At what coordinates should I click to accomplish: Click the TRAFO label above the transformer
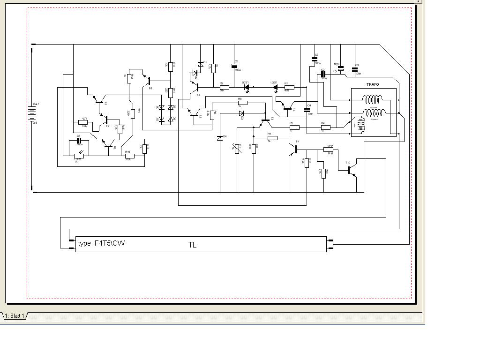click(373, 84)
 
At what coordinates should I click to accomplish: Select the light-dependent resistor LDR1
click(79, 156)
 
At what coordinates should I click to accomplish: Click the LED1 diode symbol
click(275, 87)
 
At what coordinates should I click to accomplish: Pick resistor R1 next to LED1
click(289, 87)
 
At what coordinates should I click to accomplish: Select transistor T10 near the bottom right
click(351, 170)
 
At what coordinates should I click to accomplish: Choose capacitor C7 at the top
click(315, 59)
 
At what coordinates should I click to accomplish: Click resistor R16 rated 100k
click(129, 156)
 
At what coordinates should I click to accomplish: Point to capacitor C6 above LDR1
click(79, 140)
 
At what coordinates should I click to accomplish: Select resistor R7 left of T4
click(272, 138)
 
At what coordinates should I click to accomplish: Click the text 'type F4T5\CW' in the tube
click(101, 243)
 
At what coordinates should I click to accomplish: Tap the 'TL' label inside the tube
click(192, 245)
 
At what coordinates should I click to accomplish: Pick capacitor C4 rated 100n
click(307, 109)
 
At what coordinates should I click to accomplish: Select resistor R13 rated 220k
click(133, 113)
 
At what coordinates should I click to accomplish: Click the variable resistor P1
click(237, 149)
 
